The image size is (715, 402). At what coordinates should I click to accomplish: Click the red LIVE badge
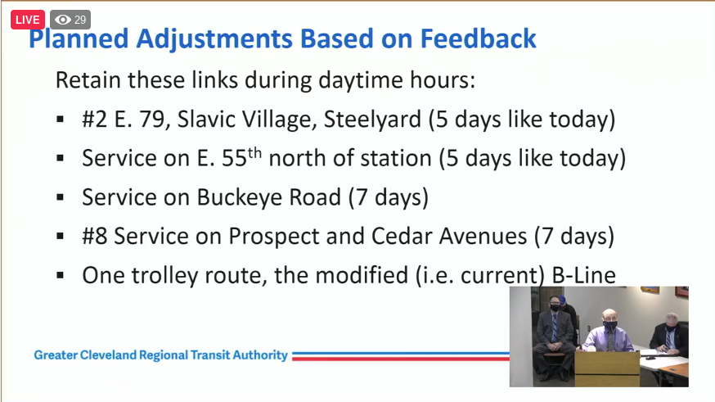click(27, 20)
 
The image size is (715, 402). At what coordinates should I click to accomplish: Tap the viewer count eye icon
click(63, 20)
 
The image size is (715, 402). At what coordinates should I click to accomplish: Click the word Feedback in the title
click(478, 38)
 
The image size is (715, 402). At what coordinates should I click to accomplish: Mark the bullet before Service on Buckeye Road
click(61, 197)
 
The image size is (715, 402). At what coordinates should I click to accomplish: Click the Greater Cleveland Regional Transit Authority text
click(160, 355)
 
